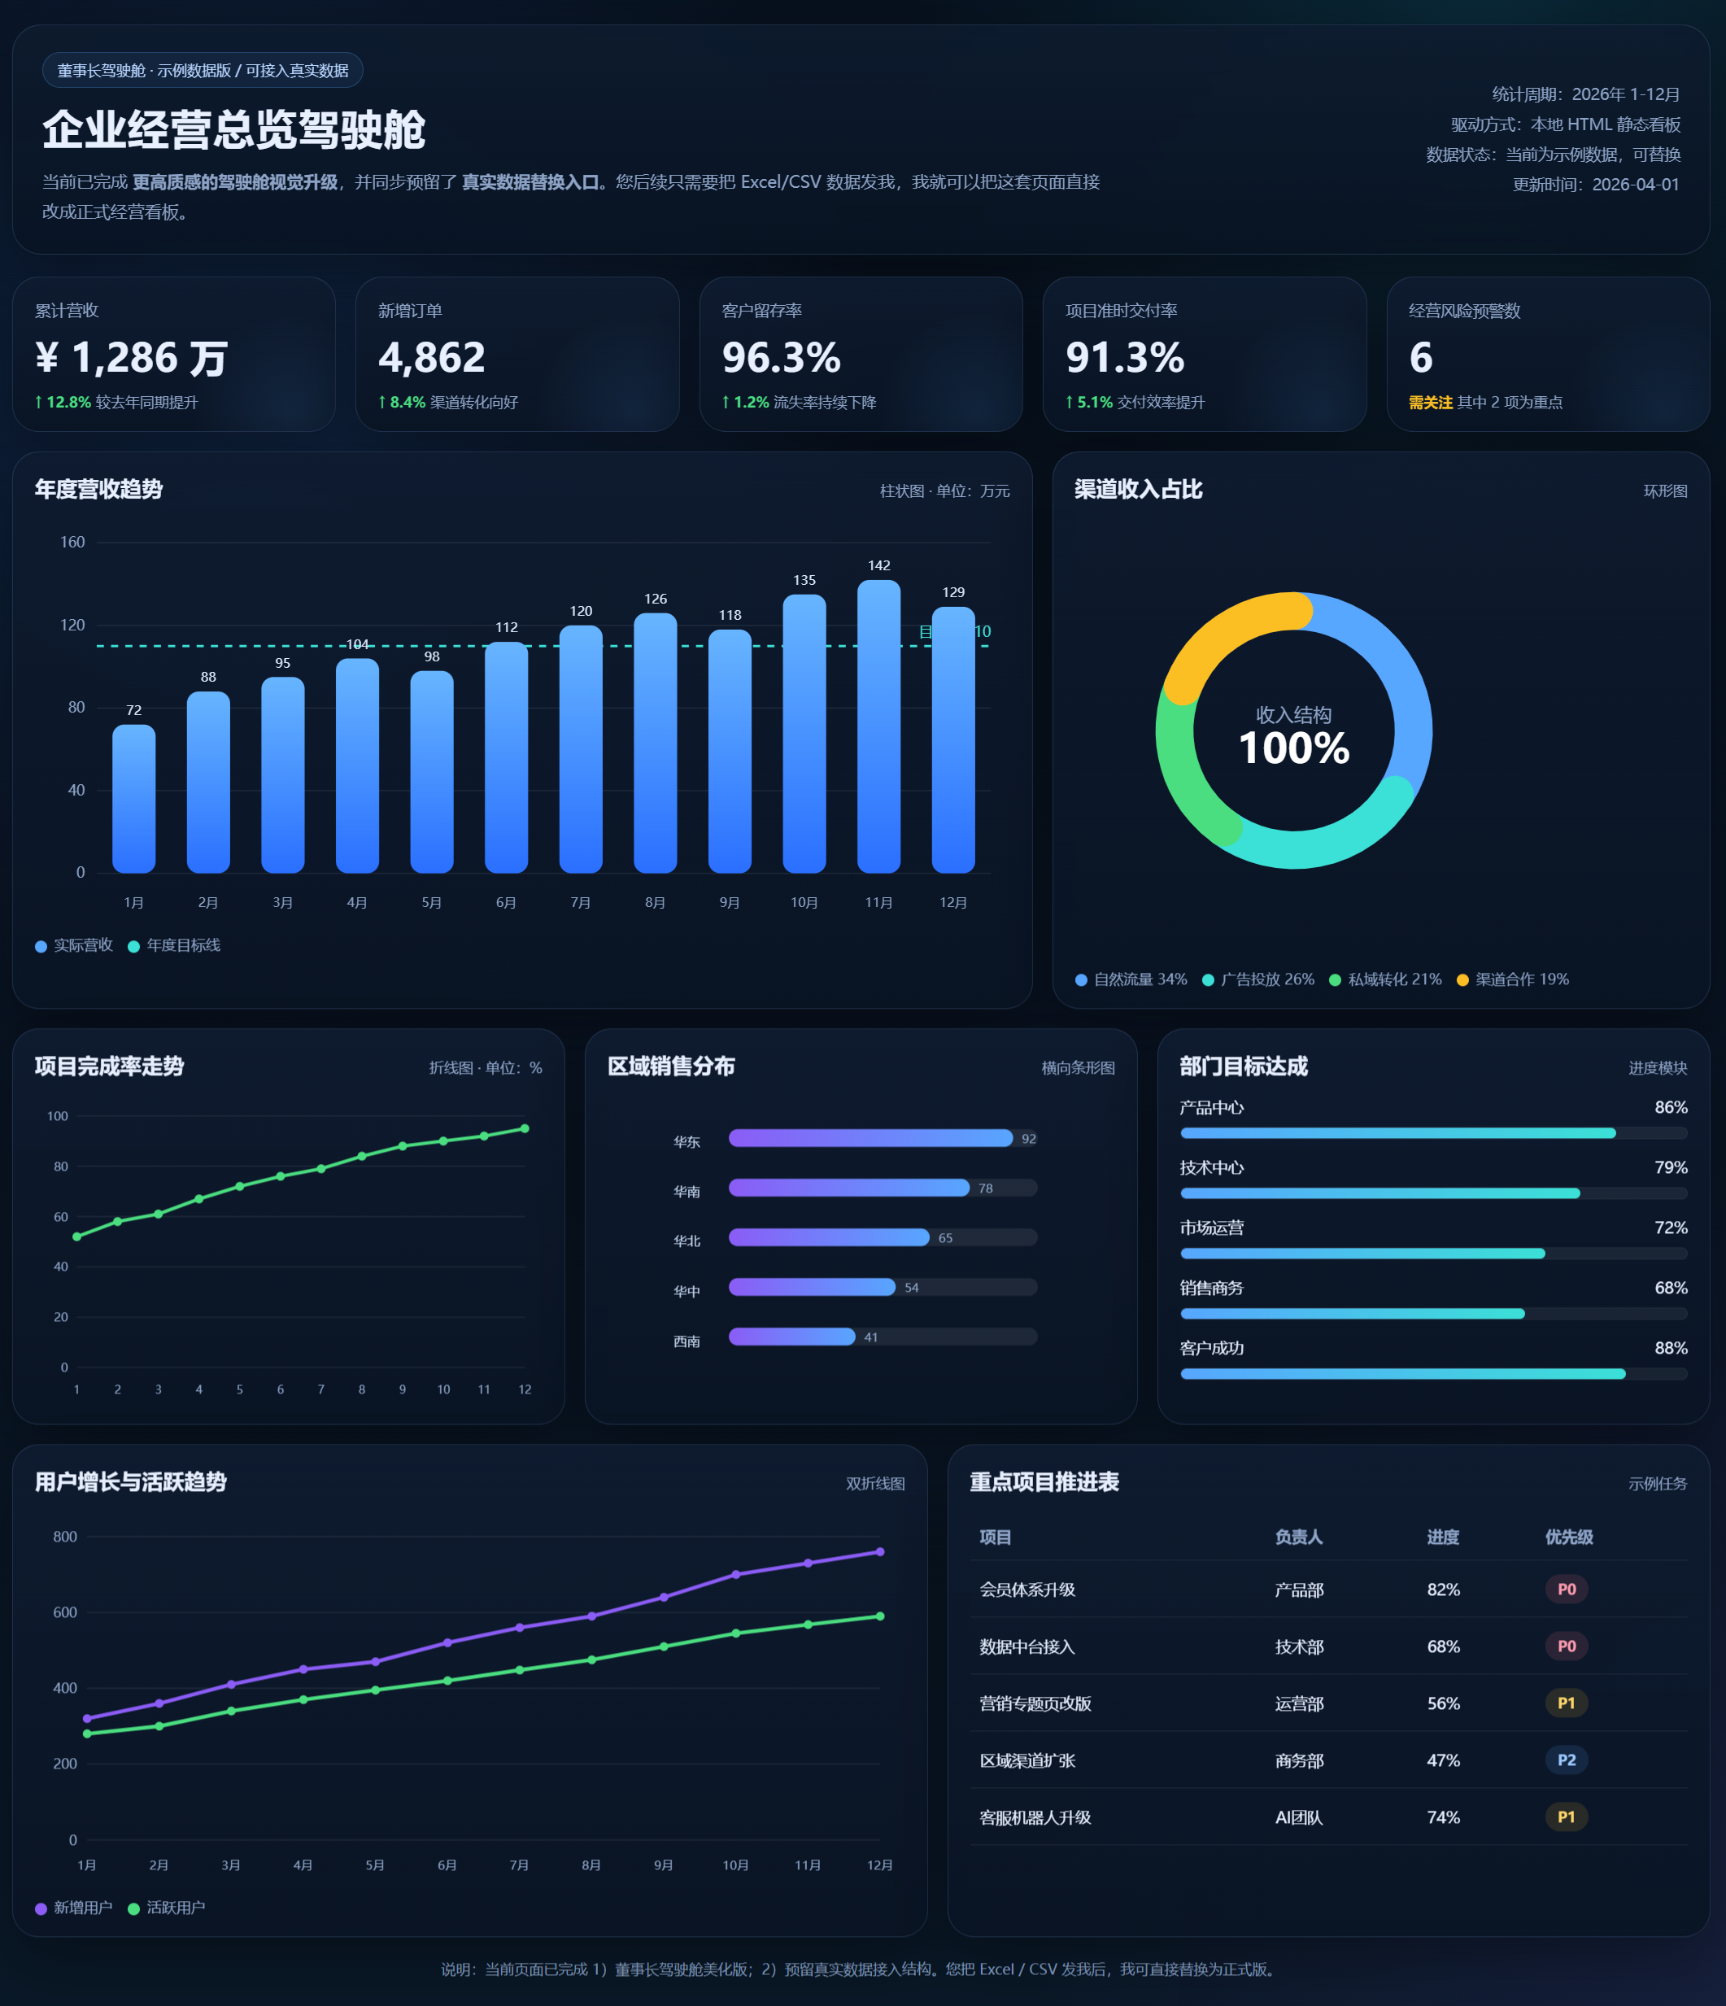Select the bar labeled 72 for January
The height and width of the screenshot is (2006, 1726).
(133, 799)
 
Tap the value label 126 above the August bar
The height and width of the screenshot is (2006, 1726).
(656, 600)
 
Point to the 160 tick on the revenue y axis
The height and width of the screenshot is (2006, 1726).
(72, 542)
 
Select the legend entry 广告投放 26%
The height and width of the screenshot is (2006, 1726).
(1258, 979)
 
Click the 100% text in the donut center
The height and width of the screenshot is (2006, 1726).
(1293, 748)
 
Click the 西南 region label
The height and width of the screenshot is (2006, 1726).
(686, 1341)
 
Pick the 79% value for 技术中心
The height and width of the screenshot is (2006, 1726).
(1670, 1167)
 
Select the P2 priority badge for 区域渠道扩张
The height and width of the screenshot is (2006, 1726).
(1565, 1760)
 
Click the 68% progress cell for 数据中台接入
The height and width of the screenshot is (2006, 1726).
(1442, 1646)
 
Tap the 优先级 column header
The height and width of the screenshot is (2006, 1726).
(1568, 1537)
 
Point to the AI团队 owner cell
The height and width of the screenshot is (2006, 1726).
(1298, 1817)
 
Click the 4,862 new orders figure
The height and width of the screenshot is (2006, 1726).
(432, 358)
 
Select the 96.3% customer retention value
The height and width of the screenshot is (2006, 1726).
(781, 358)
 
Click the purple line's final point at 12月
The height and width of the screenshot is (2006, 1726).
(880, 1552)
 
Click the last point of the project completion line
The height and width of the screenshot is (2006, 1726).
(525, 1129)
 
